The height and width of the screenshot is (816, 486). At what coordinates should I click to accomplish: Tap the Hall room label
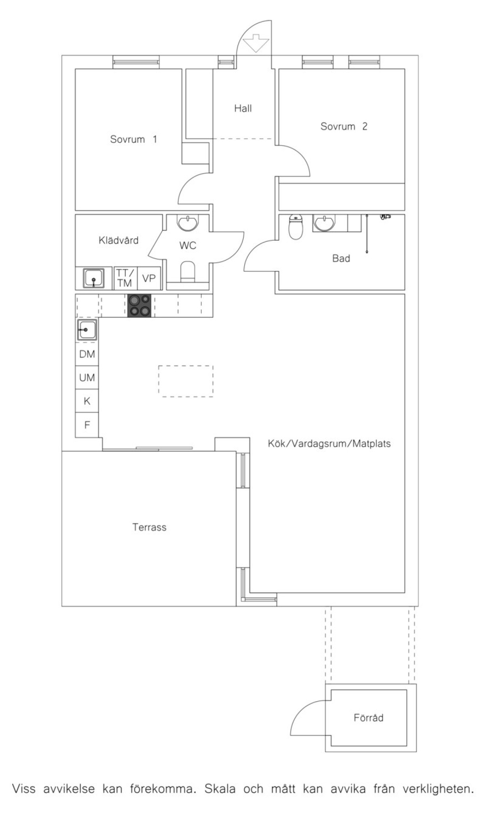(x=243, y=108)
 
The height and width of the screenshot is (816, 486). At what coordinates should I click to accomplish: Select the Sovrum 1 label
(x=133, y=140)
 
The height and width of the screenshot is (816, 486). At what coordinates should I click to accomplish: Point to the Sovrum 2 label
(x=344, y=127)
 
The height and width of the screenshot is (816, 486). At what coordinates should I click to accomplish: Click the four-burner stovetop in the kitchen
(x=139, y=306)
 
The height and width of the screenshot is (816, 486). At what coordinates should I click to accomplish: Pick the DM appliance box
(x=87, y=354)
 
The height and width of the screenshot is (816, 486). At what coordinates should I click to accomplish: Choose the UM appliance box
(x=87, y=378)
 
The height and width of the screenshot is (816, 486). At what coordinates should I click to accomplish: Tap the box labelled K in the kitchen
(x=87, y=401)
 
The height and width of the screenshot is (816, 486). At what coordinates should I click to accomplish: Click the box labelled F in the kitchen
(x=87, y=425)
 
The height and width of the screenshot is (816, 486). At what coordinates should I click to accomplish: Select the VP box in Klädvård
(x=149, y=278)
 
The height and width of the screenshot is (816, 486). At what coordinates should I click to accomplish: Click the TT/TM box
(x=125, y=278)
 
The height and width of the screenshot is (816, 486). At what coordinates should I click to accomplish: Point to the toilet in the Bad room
(x=296, y=227)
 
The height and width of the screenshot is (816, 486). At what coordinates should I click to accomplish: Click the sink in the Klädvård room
(x=94, y=278)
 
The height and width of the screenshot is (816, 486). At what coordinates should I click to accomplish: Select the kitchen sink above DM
(x=87, y=330)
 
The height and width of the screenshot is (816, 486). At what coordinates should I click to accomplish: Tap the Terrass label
(x=150, y=527)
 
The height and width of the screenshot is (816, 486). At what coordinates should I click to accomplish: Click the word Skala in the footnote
(x=220, y=789)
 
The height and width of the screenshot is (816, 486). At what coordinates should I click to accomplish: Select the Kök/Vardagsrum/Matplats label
(x=329, y=444)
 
